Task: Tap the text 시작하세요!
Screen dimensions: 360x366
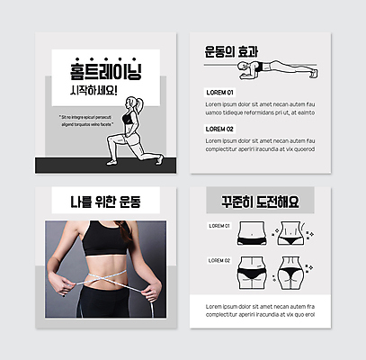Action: (x=92, y=92)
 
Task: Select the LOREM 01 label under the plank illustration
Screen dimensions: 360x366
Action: (x=219, y=93)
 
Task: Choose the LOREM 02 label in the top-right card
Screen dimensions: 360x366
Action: (x=219, y=129)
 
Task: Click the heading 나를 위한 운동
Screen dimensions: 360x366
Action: (x=101, y=201)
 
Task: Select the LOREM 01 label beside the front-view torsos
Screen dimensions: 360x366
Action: (x=219, y=226)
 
